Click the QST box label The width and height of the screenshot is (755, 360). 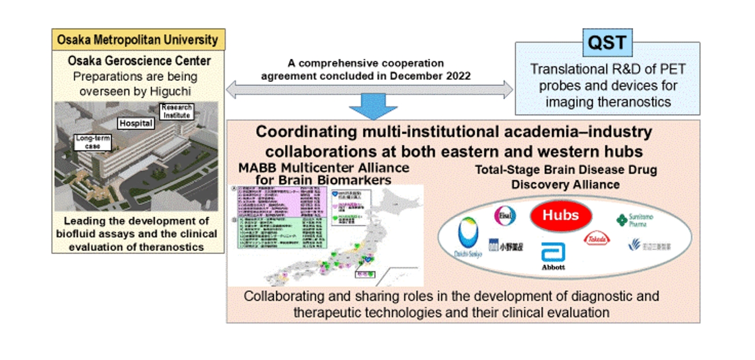pyautogui.click(x=607, y=44)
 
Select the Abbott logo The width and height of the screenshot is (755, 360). pyautogui.click(x=554, y=256)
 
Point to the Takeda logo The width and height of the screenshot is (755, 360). pyautogui.click(x=596, y=239)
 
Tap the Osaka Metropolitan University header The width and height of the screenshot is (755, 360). pyautogui.click(x=138, y=40)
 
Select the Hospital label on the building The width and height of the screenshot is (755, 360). pyautogui.click(x=136, y=123)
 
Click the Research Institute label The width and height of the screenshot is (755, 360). pyautogui.click(x=176, y=111)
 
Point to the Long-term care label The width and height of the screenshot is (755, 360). pyautogui.click(x=92, y=142)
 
